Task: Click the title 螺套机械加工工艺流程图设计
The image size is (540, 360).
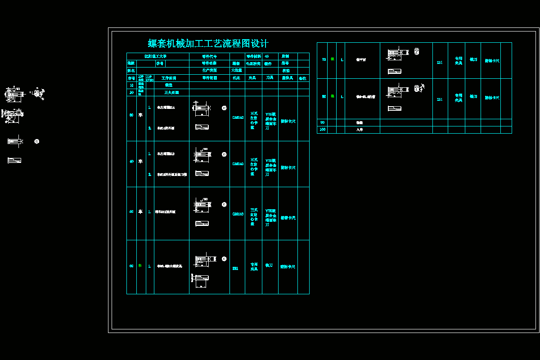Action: point(208,44)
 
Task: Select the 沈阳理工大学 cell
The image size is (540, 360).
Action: point(155,56)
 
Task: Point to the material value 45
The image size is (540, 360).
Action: point(267,56)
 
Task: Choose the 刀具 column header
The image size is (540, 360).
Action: point(270,78)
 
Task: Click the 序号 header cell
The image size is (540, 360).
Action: point(131,78)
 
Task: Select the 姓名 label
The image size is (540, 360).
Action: point(131,71)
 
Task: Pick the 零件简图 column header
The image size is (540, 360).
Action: point(209,78)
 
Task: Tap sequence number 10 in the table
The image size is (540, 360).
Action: point(131,85)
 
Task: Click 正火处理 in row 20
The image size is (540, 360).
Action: point(171,92)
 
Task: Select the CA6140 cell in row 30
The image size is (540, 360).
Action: point(238,117)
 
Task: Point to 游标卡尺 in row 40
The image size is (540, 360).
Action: point(288,168)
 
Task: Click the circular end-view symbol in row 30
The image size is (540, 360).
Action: point(224,108)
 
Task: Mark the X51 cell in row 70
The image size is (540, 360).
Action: point(440,63)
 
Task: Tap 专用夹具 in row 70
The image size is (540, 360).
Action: point(458,61)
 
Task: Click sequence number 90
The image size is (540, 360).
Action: point(322,122)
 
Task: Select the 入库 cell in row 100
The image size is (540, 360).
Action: point(360,130)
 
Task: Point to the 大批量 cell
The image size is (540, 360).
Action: point(237,70)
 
